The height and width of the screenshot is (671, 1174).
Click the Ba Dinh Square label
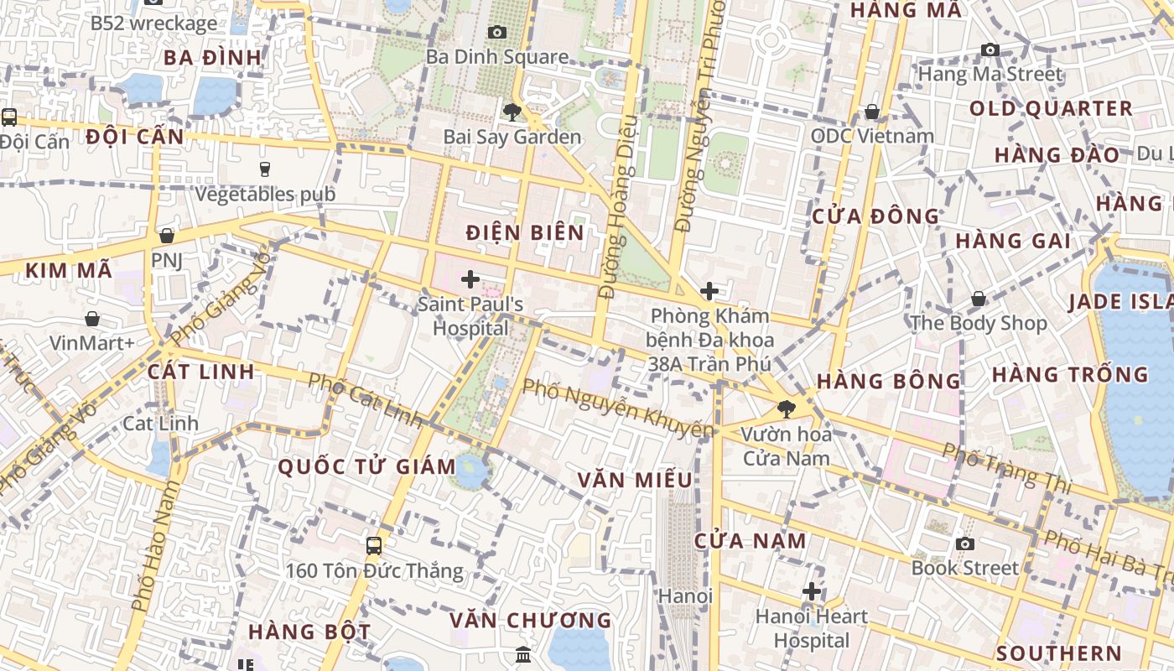[497, 57]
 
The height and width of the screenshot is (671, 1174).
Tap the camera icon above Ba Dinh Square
[497, 33]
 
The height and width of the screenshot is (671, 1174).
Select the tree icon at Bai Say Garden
[512, 112]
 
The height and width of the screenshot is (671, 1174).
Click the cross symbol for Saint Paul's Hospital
[470, 279]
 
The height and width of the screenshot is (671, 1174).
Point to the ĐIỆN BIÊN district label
[525, 232]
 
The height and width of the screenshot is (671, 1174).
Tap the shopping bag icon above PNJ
[167, 236]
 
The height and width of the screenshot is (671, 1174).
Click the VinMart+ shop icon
[92, 319]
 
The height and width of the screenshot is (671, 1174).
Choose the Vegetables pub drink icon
[265, 169]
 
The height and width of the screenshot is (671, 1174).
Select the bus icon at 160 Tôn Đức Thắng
[374, 546]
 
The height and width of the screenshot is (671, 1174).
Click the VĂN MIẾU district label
[635, 480]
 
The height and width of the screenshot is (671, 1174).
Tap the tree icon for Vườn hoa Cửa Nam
[786, 409]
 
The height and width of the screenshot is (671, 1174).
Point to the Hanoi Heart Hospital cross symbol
[811, 591]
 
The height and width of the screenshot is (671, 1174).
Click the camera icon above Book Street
[965, 544]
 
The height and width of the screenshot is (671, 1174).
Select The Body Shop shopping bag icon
[978, 299]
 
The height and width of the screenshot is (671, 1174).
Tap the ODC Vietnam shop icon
[872, 112]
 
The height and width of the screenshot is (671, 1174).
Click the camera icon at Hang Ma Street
[990, 50]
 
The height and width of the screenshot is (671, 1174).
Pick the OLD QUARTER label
[1051, 109]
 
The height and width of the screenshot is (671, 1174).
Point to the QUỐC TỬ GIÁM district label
[366, 467]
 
